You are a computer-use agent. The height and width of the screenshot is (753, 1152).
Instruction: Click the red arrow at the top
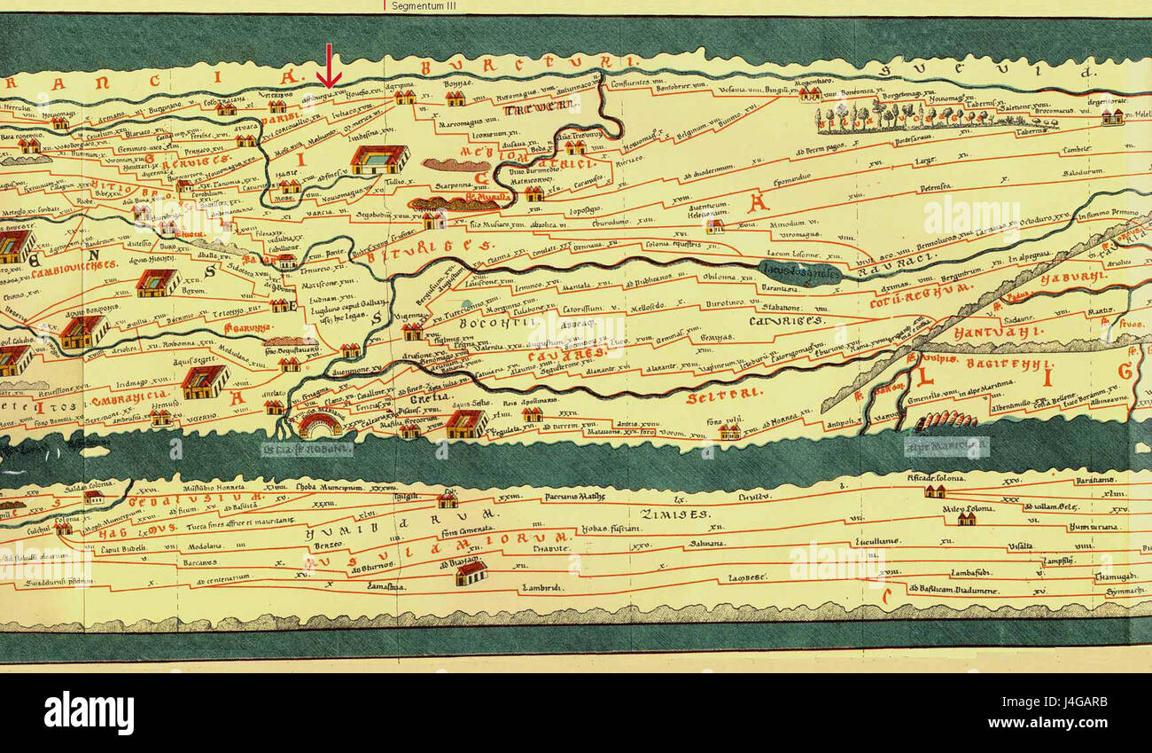point(329,67)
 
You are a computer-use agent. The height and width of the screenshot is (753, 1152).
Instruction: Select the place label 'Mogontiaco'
point(815,80)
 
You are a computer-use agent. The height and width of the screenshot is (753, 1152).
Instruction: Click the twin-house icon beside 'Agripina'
point(405,97)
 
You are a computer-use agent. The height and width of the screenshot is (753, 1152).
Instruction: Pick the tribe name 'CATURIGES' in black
point(787,320)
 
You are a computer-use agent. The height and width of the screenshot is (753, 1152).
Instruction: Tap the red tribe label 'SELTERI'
point(713,398)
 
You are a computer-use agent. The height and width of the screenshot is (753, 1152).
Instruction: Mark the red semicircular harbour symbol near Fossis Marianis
point(320,426)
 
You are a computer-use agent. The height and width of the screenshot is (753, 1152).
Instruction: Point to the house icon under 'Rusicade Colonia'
point(933,490)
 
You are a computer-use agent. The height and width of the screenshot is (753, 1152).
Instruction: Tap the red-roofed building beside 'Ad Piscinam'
point(471,573)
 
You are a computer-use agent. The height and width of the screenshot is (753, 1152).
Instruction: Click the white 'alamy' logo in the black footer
point(89,713)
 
